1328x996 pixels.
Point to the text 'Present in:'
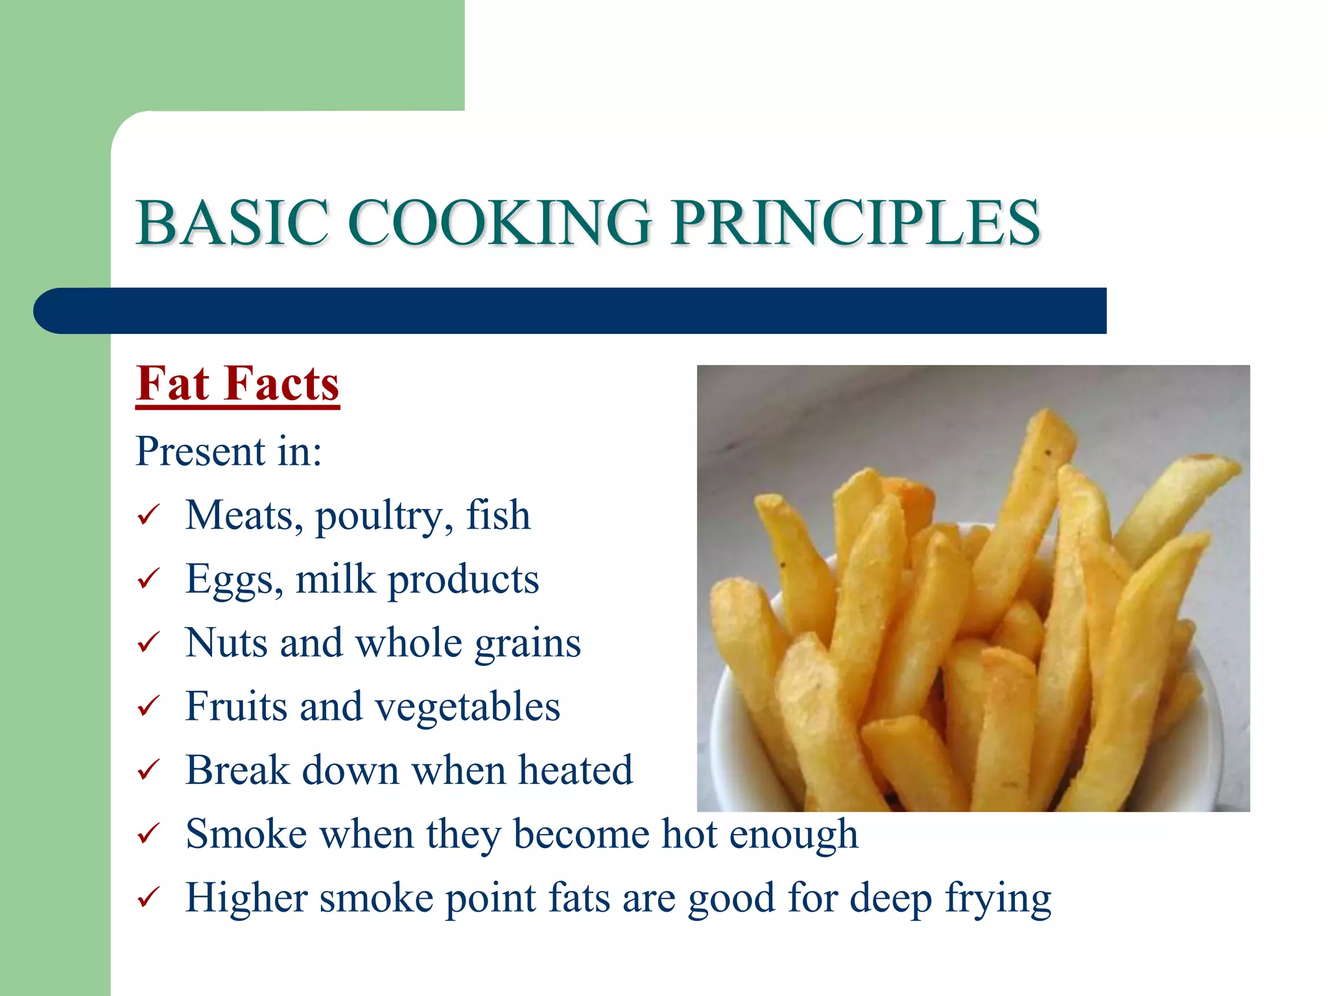[229, 451]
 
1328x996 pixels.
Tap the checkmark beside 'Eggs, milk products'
[148, 578]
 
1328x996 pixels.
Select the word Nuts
[226, 643]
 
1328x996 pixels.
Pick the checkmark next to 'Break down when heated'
[148, 770]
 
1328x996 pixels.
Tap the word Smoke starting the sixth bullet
[246, 834]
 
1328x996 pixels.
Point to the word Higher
[246, 899]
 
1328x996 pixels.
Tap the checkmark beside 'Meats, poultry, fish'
[148, 516]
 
